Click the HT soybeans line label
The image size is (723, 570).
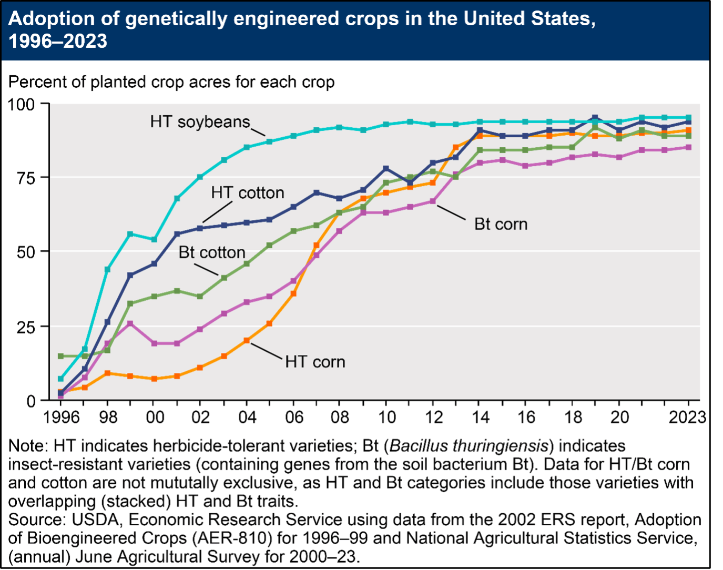[x=200, y=122]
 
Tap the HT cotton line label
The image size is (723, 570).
[x=248, y=193]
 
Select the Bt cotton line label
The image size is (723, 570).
[x=212, y=252]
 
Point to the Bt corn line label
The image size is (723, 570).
[x=501, y=224]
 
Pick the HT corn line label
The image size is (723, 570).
[x=315, y=362]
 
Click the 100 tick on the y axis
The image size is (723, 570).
[x=22, y=104]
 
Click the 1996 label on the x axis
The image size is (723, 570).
[x=61, y=418]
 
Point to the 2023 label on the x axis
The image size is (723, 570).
[x=687, y=418]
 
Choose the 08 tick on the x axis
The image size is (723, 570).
[x=340, y=418]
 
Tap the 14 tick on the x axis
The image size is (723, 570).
[x=480, y=418]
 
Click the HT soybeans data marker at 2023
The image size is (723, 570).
[x=688, y=117]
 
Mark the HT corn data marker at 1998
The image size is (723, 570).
[x=107, y=373]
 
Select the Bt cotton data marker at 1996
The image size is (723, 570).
[x=61, y=356]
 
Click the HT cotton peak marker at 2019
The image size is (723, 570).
[x=595, y=118]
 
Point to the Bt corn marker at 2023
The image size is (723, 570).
[x=688, y=147]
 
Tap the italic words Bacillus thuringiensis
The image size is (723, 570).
[x=470, y=446]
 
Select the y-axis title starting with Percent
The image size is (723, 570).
[x=171, y=83]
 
